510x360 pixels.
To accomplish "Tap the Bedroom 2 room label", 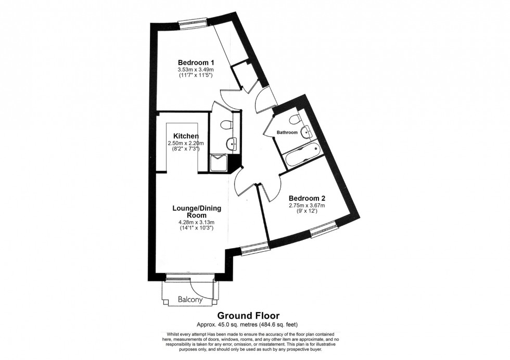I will [307, 198].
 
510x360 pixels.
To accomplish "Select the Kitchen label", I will [186, 136].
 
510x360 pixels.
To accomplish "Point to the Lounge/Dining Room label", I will [197, 212].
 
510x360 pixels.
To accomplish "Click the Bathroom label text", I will [287, 133].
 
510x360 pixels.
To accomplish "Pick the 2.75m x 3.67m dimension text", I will [307, 205].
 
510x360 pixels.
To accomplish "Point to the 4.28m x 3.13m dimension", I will [197, 222].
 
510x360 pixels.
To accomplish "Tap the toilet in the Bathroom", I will [296, 120].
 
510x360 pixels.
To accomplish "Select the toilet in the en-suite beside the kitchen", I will [226, 125].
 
